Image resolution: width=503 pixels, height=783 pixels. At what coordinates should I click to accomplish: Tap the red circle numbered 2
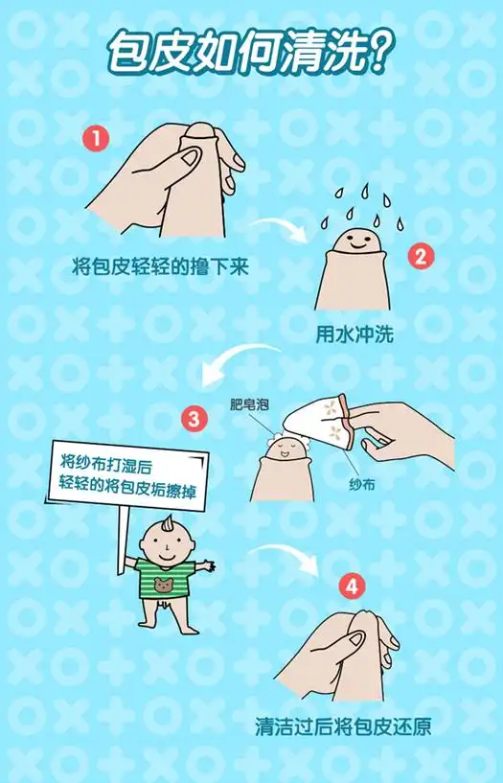click(419, 256)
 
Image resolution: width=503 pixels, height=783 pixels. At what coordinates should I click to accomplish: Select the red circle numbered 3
click(194, 419)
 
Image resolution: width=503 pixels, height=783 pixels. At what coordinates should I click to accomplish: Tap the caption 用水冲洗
click(354, 335)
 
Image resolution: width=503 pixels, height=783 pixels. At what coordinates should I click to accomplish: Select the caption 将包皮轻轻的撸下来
click(161, 266)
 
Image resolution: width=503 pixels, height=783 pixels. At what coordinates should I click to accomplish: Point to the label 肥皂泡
click(249, 405)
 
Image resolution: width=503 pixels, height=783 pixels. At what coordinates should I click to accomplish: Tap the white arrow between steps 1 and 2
click(275, 231)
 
